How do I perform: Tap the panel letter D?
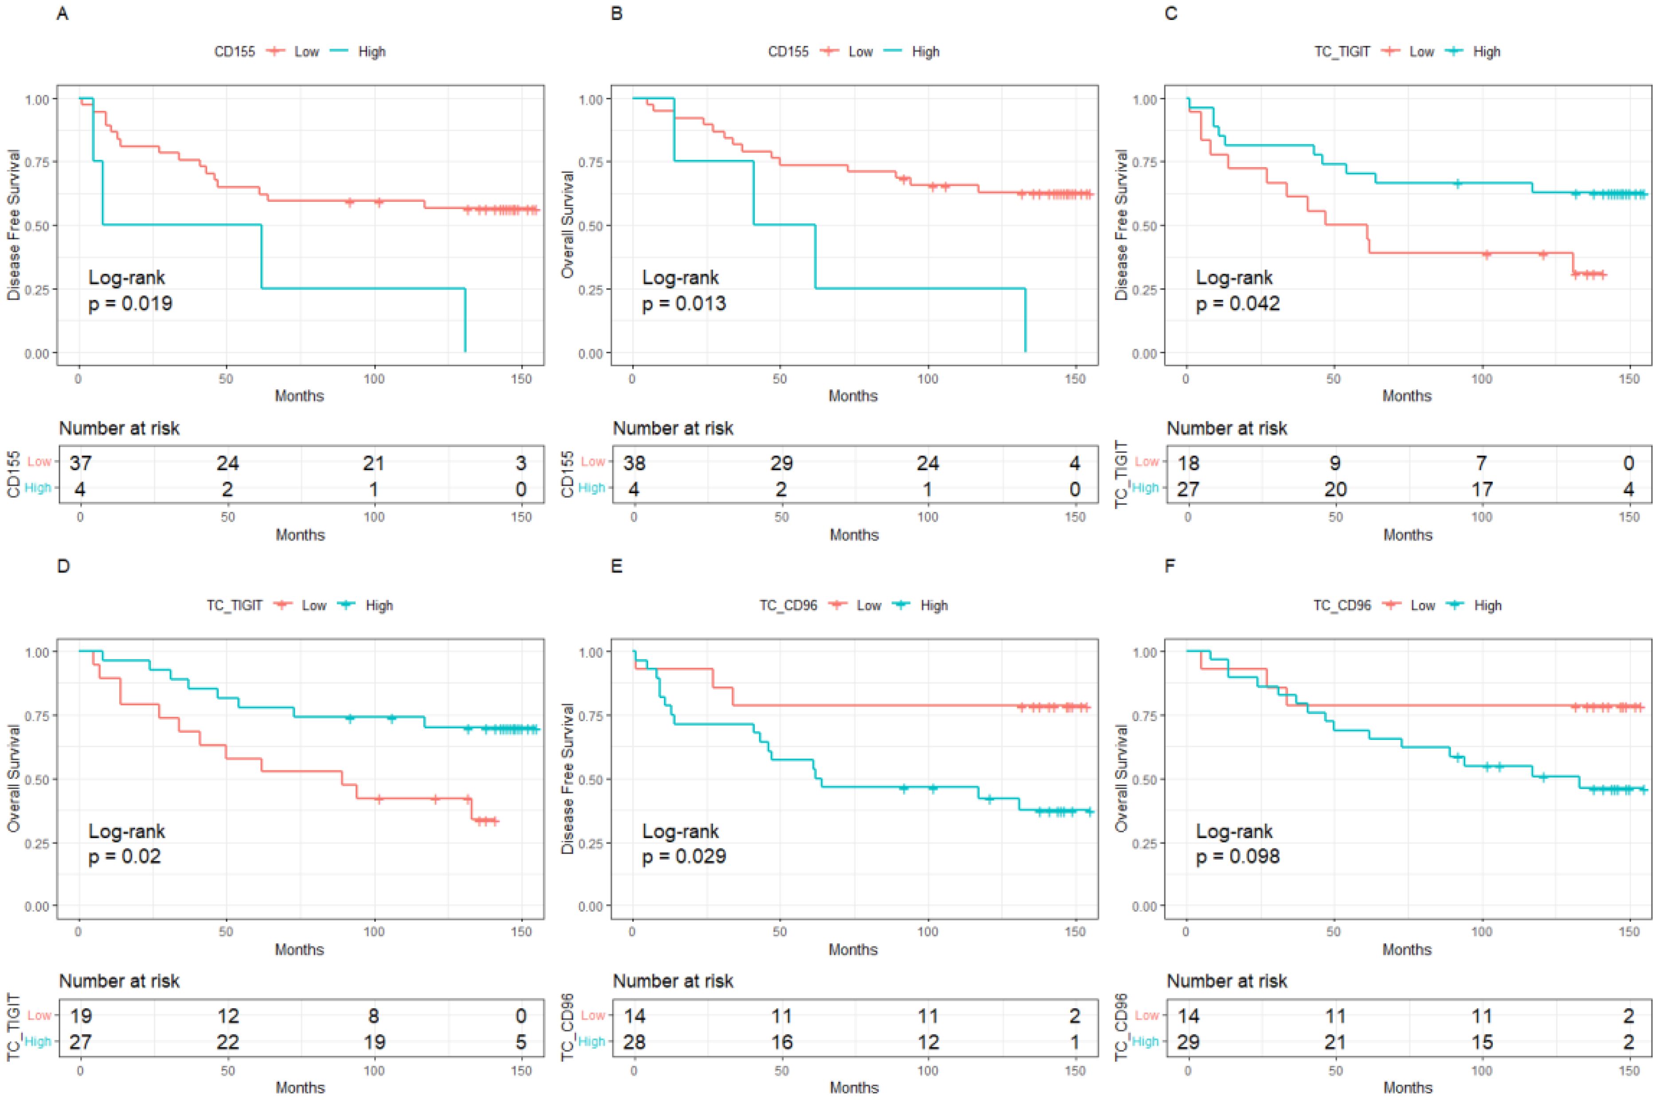63,566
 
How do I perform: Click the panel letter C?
1171,13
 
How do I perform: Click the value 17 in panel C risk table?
1482,489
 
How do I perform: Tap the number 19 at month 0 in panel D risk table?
81,1015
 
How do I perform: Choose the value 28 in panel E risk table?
634,1042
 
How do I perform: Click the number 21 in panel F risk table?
1335,1042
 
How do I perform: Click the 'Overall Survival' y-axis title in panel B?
568,224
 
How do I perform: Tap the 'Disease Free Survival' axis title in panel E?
568,779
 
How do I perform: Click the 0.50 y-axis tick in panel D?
37,779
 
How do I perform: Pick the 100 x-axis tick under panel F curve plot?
1482,931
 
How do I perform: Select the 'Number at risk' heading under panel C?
1227,428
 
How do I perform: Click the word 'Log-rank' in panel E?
680,831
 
